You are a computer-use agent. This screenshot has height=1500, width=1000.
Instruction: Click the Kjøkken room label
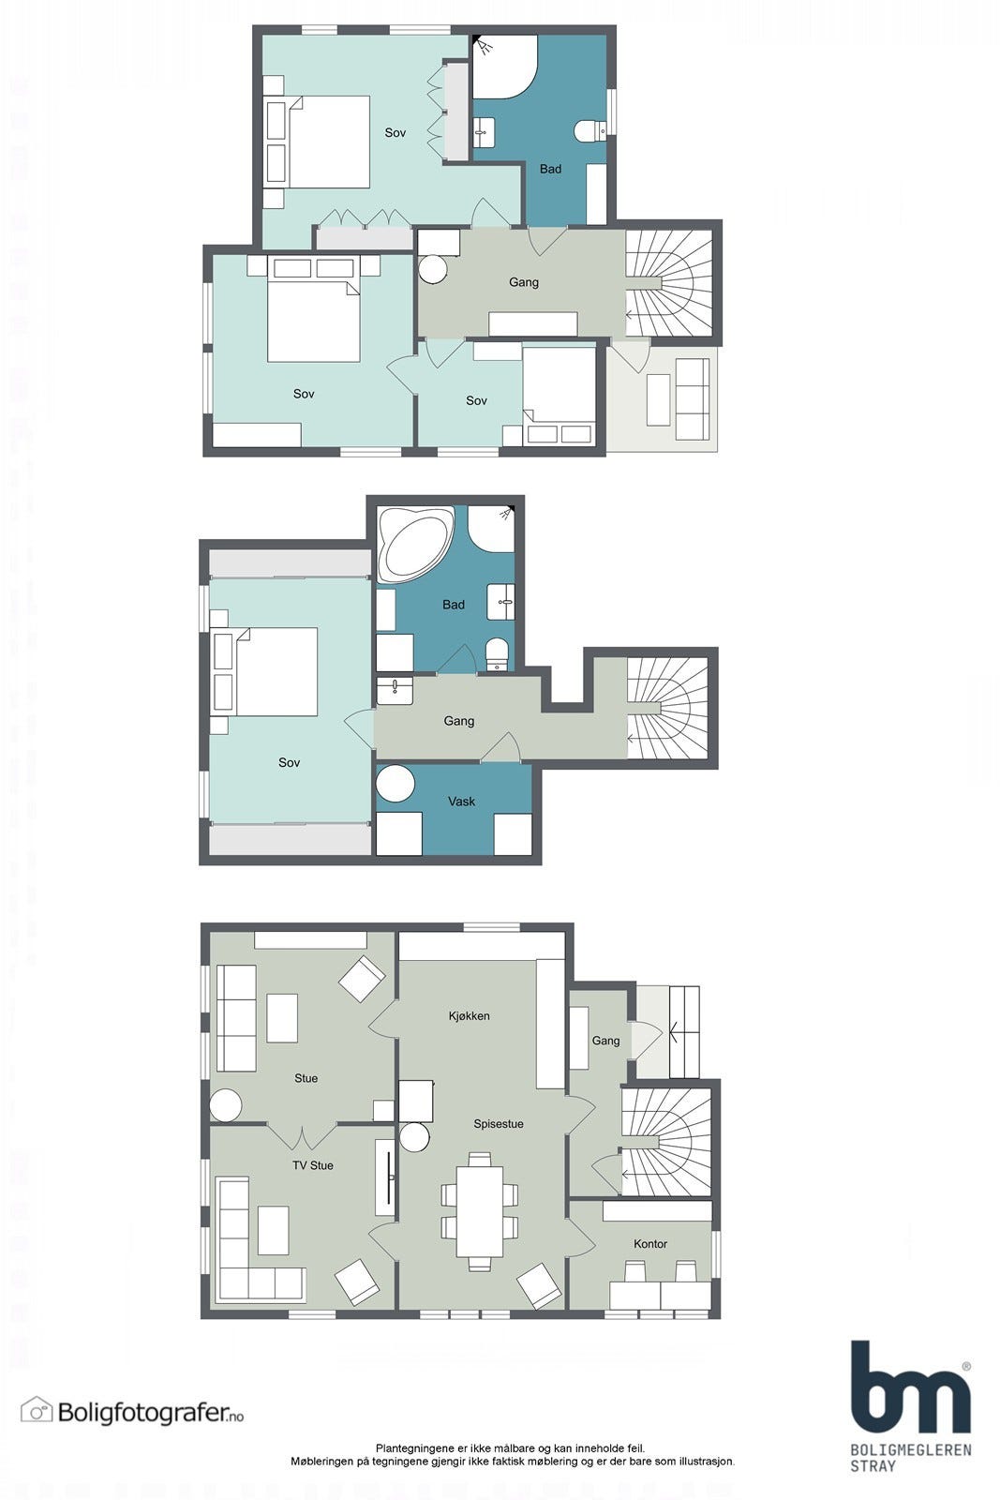click(x=469, y=1016)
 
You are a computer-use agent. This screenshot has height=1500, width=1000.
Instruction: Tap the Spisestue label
click(x=498, y=1124)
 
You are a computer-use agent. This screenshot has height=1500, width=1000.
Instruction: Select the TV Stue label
click(x=313, y=1165)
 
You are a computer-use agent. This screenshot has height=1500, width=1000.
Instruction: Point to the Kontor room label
click(x=649, y=1243)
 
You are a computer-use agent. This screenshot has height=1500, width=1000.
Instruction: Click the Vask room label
click(x=461, y=801)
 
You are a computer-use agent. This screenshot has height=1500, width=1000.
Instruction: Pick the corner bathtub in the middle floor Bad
click(x=414, y=545)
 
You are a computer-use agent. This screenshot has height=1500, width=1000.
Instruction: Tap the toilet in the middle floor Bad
click(x=496, y=653)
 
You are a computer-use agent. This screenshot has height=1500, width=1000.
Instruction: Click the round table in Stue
click(x=226, y=1105)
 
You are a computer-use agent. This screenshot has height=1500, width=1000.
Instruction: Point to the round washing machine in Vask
click(x=396, y=783)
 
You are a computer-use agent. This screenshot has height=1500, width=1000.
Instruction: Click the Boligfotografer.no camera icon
click(x=37, y=1409)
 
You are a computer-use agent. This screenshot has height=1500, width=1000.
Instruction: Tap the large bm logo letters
click(x=910, y=1388)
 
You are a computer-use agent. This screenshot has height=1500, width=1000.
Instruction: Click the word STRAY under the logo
click(x=873, y=1466)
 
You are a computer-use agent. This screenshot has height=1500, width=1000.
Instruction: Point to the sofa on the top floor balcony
click(x=692, y=399)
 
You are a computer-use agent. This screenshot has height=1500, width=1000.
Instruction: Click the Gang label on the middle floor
click(x=458, y=721)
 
